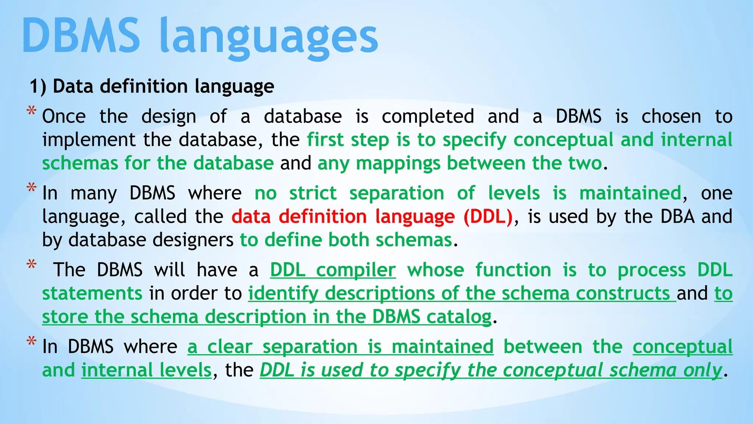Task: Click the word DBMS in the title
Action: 81,36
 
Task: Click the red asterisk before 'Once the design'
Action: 32,111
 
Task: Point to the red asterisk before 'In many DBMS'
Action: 32,188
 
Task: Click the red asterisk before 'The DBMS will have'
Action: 32,265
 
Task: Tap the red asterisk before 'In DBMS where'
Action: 32,342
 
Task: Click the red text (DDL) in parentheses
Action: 488,216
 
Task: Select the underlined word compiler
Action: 356,271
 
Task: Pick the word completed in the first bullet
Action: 428,117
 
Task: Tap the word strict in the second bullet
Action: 313,193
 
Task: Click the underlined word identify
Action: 283,294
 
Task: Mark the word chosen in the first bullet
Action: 671,117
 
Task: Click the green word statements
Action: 92,294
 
